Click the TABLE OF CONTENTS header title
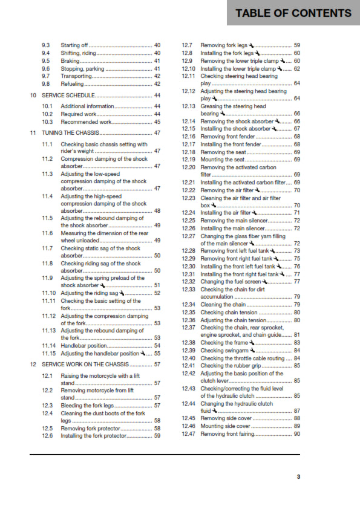pos(293,13)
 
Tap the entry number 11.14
pos(48,346)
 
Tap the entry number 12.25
pos(189,221)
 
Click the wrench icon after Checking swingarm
pos(252,350)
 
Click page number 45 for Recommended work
pos(157,122)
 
